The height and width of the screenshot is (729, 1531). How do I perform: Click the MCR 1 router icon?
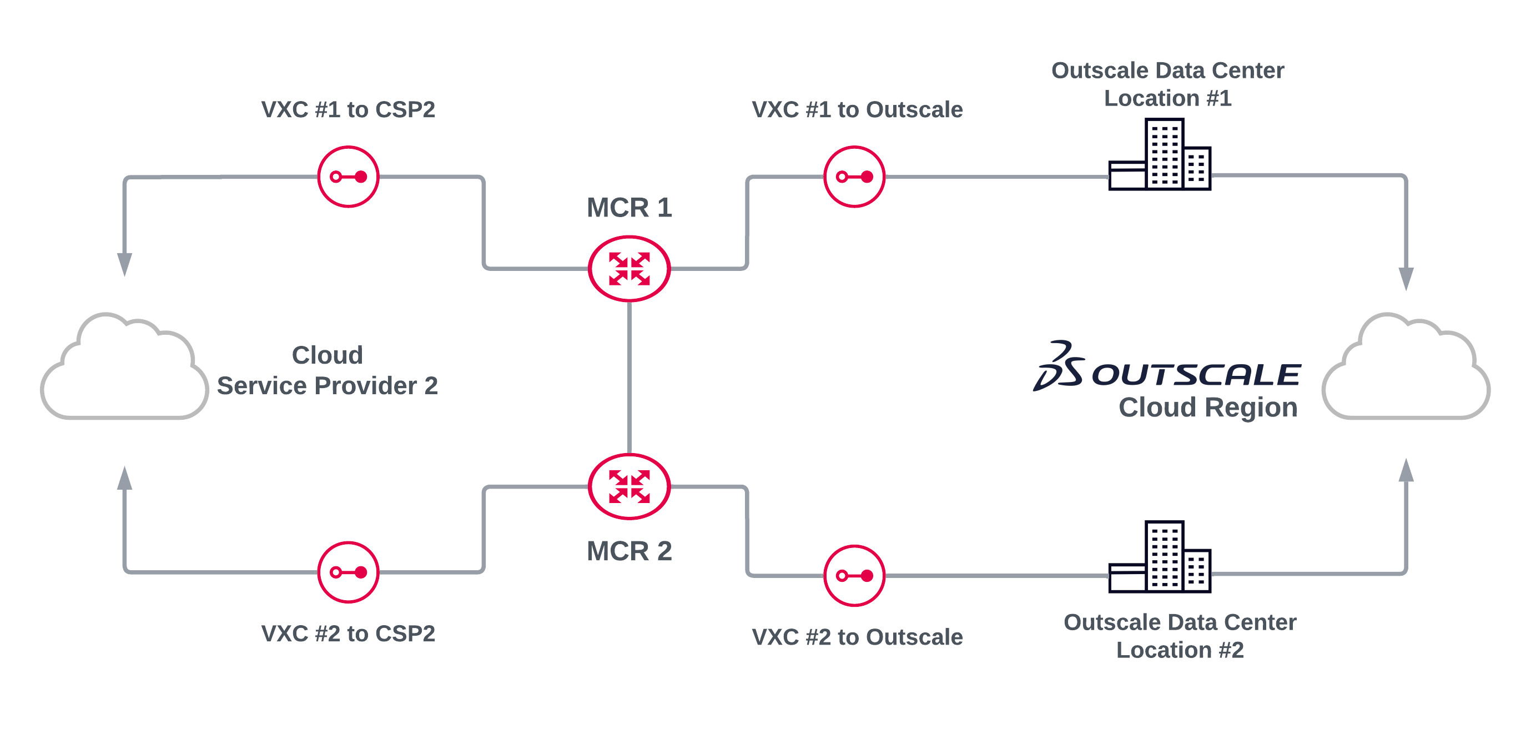629,269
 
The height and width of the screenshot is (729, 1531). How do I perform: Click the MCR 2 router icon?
629,486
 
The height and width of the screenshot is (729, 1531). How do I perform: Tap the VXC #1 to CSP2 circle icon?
348,177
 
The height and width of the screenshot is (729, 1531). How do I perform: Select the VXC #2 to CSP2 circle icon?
348,572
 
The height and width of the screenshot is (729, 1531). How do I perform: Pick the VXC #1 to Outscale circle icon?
855,177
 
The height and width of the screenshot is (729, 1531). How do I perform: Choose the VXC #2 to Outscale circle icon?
855,576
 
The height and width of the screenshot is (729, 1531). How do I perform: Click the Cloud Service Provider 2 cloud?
125,369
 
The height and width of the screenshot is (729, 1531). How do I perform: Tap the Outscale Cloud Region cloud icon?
1406,369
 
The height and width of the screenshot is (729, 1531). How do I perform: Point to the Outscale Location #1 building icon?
1160,154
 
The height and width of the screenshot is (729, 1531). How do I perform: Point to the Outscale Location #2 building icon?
1160,557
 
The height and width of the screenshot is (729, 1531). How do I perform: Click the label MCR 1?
629,208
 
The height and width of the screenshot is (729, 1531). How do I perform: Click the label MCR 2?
629,551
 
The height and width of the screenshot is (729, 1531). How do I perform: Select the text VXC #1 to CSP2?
348,109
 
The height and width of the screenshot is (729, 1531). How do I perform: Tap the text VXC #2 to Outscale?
857,637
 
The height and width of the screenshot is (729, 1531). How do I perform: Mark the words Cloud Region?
1208,408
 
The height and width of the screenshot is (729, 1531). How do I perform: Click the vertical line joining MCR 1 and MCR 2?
629,378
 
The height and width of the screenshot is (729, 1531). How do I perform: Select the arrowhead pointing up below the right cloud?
1406,471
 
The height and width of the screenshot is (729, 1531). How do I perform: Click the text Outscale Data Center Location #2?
1180,636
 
